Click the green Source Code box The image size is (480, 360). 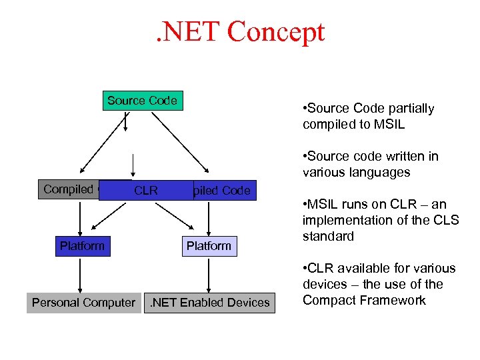(142, 101)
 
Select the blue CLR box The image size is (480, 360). (146, 191)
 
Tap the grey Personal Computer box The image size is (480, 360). (83, 303)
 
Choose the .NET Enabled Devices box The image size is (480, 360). (210, 303)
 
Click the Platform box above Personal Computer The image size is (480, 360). (82, 246)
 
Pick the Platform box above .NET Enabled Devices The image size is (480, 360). (209, 246)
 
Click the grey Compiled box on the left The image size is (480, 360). (68, 189)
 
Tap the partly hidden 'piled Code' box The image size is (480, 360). (223, 191)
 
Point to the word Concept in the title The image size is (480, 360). (275, 31)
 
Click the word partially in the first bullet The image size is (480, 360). (410, 108)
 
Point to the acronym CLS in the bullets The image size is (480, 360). (446, 220)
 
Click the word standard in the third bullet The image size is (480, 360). (328, 236)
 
